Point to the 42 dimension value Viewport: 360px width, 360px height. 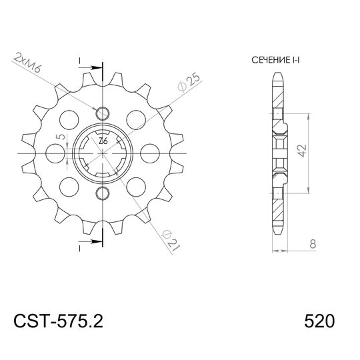coord(302,152)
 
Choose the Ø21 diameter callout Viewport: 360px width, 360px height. coord(171,237)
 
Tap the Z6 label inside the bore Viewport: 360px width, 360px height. coord(103,141)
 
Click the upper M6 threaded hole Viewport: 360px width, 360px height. coord(102,111)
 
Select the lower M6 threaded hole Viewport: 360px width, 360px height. coord(102,194)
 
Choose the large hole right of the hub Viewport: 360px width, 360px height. coord(151,153)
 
